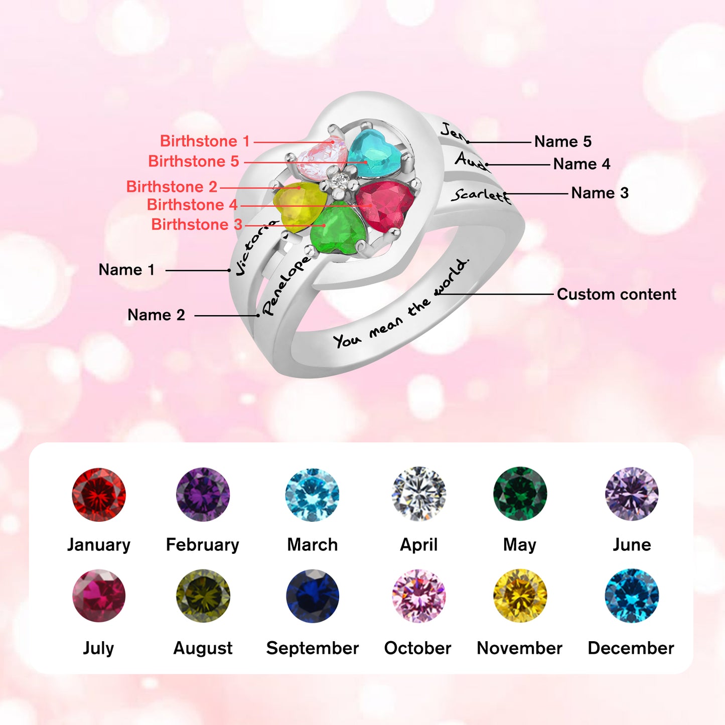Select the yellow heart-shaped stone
[x=297, y=205]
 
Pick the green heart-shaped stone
[x=337, y=231]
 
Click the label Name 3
[x=600, y=193]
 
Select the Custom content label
[x=616, y=294]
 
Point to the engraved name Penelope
[x=286, y=285]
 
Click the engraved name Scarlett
[x=480, y=195]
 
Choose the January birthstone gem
[x=99, y=495]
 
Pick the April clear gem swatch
[x=419, y=494]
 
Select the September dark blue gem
[x=313, y=596]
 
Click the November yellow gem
[x=520, y=596]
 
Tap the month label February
[x=203, y=545]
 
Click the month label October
[x=417, y=648]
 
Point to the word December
[x=631, y=648]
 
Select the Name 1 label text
[x=126, y=270]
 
